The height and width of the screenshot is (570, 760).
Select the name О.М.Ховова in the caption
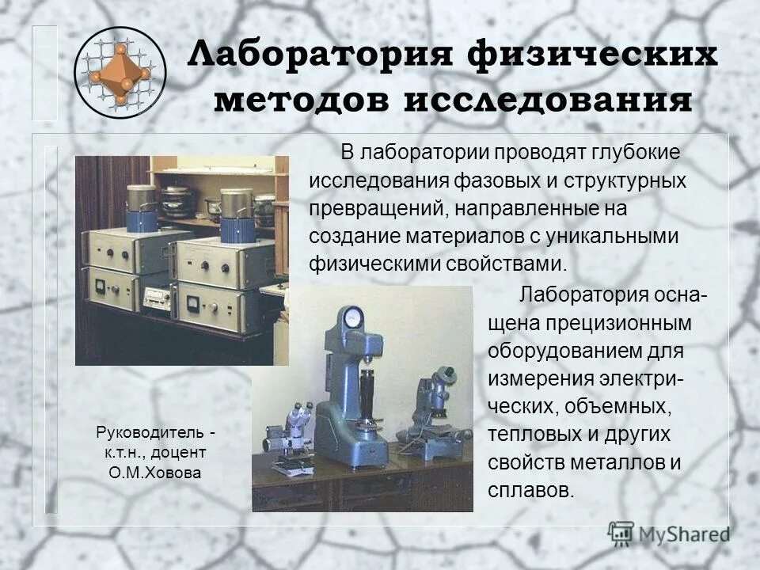[x=154, y=473]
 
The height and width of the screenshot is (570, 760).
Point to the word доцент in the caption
[x=183, y=453]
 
